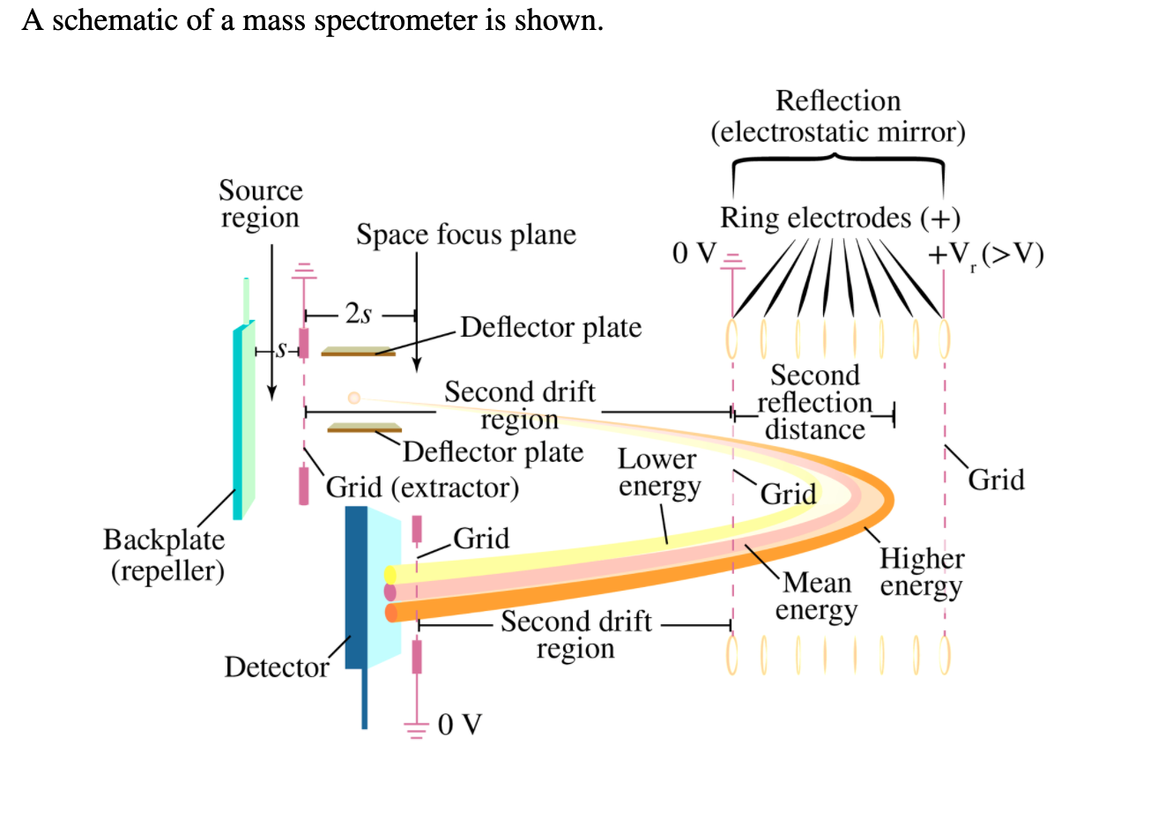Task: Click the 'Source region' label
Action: (260, 204)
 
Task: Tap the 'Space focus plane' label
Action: (465, 235)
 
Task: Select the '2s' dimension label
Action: (358, 313)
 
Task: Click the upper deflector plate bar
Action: (358, 352)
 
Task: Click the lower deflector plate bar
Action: (364, 428)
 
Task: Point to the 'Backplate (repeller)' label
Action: (166, 555)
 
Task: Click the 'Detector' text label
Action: (276, 666)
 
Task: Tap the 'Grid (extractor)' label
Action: (422, 487)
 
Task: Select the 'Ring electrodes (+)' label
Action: (839, 218)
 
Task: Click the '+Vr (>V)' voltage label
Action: (985, 254)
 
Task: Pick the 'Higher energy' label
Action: (921, 572)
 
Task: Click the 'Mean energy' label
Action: (816, 596)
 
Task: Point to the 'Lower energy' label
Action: (658, 473)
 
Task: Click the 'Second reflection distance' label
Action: (814, 402)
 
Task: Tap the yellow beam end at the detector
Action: (390, 575)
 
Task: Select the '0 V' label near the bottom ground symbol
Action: (459, 725)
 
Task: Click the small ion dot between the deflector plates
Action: (354, 398)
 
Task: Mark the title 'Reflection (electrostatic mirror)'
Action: (837, 115)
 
